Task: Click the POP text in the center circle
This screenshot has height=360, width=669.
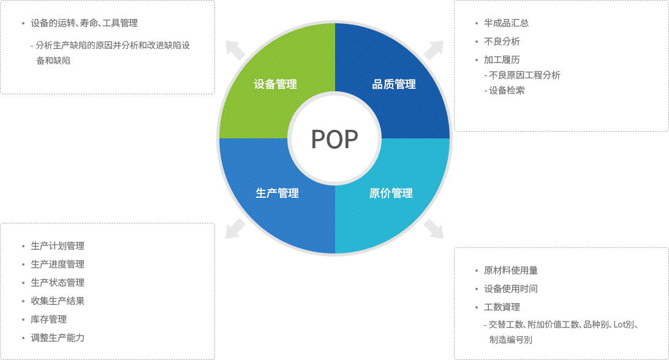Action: click(334, 140)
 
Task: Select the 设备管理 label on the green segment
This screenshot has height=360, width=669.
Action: click(275, 84)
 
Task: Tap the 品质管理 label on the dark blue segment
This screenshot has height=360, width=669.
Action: click(394, 84)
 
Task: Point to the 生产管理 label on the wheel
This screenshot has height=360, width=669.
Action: click(277, 193)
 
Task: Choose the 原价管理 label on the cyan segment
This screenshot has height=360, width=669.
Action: click(391, 193)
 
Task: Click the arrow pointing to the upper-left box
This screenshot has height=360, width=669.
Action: click(235, 50)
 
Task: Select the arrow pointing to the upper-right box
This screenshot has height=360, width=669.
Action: click(434, 50)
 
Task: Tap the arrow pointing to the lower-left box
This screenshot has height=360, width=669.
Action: click(235, 228)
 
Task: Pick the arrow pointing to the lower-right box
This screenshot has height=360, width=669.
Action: click(434, 228)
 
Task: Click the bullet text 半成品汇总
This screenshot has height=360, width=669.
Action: click(507, 23)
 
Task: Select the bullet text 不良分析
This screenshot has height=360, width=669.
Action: click(502, 42)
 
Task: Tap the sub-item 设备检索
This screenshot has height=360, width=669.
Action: click(507, 91)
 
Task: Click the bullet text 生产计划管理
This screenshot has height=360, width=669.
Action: click(58, 246)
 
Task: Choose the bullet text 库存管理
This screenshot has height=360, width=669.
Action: click(48, 320)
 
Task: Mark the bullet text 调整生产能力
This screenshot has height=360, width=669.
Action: click(58, 338)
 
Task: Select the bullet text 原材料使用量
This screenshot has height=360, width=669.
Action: click(511, 271)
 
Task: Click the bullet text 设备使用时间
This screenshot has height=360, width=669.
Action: click(511, 289)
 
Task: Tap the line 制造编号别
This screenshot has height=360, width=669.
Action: click(511, 340)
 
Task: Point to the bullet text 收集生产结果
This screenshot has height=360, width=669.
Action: click(58, 301)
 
